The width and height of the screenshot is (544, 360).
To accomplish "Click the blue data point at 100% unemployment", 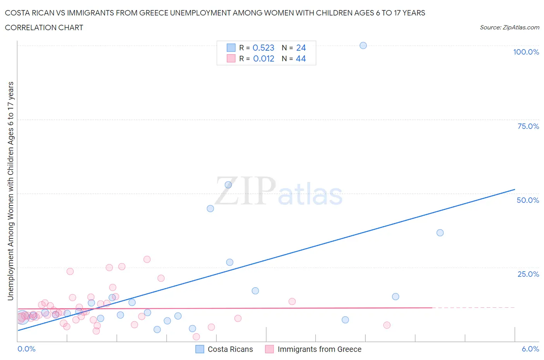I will point(363,45).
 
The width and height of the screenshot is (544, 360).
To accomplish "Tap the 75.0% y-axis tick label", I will point(528,126).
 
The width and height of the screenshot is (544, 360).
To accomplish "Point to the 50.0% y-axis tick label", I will point(528,200).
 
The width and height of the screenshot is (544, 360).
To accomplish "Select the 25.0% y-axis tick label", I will point(528,274).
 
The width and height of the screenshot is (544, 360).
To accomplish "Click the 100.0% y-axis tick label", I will point(526,52).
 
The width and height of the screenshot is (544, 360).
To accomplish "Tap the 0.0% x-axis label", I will point(26,349).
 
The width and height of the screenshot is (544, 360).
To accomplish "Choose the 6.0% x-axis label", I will point(530,349).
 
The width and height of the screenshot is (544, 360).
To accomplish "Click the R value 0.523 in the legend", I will point(263,48).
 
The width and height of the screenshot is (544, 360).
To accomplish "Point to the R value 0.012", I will point(263,58).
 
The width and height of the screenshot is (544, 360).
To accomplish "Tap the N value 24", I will point(301,48).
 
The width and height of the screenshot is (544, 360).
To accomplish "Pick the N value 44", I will point(301,58).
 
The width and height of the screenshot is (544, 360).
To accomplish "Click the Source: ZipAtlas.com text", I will point(509,27).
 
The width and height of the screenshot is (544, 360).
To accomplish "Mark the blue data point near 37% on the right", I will point(440,233).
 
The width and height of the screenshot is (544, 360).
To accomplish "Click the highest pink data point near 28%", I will point(147,259).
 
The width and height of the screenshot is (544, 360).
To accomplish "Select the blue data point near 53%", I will point(228,185).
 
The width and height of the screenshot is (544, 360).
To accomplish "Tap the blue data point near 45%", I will point(210,208).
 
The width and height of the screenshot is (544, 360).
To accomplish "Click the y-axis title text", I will point(10,191).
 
